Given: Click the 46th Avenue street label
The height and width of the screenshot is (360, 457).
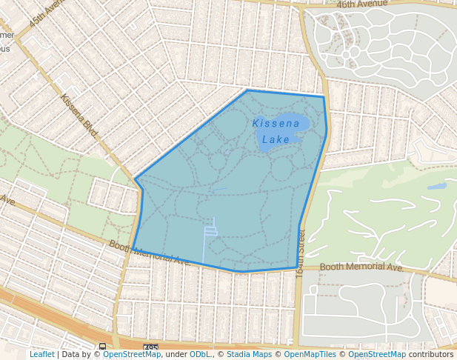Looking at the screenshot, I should pos(362,4).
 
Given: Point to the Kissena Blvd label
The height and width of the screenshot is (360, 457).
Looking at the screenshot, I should pos(79,115).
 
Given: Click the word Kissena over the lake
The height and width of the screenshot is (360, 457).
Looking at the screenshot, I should pos(276,123).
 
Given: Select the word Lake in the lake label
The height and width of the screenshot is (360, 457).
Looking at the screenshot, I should pos(276,139).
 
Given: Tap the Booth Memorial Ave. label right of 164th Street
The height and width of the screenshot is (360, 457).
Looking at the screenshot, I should pos(362,267).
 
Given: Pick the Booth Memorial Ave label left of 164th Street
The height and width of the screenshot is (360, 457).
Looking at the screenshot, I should pos(150,253).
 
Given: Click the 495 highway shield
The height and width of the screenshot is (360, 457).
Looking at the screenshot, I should pos(150,347).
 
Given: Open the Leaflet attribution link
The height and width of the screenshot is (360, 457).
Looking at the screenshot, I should pos(41,354).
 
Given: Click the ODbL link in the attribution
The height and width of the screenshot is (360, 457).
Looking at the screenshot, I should pos(200,354).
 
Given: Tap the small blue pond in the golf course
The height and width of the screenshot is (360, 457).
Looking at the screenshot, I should pos(437,186).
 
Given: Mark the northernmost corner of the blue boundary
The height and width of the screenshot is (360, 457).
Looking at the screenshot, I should pos(247,90).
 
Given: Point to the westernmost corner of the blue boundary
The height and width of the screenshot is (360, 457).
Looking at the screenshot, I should pos(134,179).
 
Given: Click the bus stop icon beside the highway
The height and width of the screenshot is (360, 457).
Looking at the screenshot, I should pos(102,347).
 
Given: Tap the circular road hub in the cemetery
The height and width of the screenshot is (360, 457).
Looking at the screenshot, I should pos(346,54).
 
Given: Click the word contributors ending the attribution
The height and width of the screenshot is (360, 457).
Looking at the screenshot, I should pos(431,354).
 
